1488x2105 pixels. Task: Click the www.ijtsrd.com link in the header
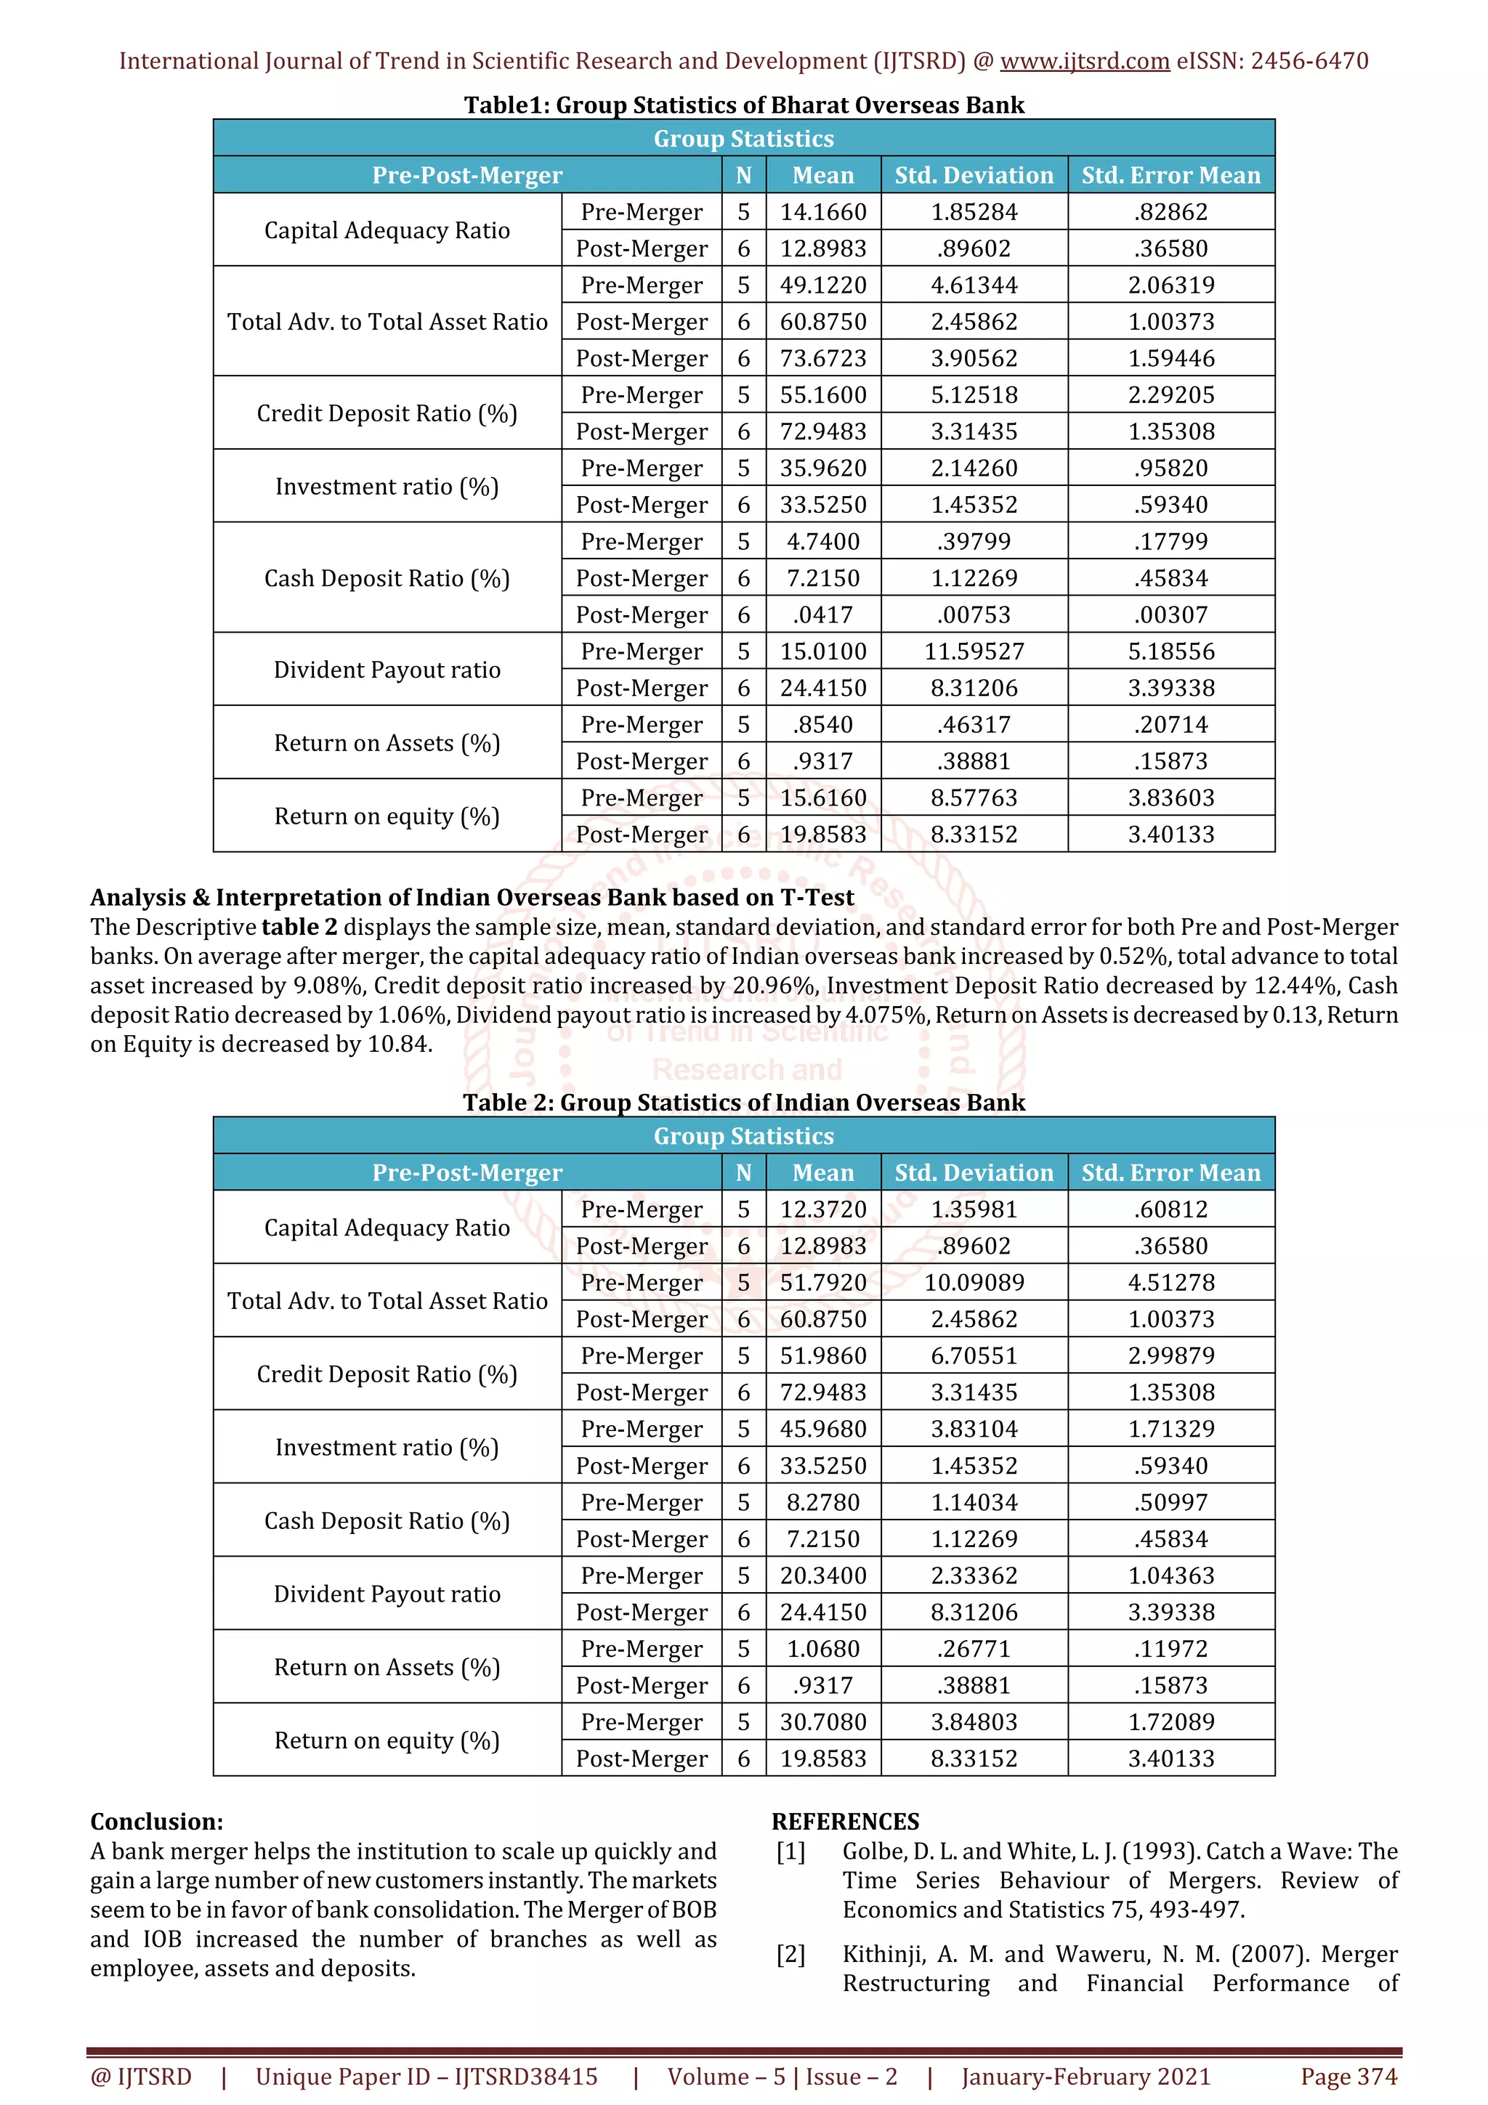1084,62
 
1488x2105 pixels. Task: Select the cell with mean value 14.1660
822,212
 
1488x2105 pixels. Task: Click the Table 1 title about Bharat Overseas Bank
743,105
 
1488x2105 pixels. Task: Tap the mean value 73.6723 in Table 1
822,359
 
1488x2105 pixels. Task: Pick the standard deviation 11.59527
974,652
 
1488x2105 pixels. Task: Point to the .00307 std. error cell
1170,615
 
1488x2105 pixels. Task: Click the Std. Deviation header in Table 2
974,1172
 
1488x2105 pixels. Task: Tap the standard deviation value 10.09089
974,1283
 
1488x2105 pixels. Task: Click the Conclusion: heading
157,1822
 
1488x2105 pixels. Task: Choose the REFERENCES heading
845,1822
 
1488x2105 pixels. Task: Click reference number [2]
790,1954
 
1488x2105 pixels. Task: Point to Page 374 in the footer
1348,2077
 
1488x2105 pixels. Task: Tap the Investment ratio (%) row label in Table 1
387,487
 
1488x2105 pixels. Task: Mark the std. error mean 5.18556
1170,652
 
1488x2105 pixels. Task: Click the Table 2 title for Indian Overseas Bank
743,1102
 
